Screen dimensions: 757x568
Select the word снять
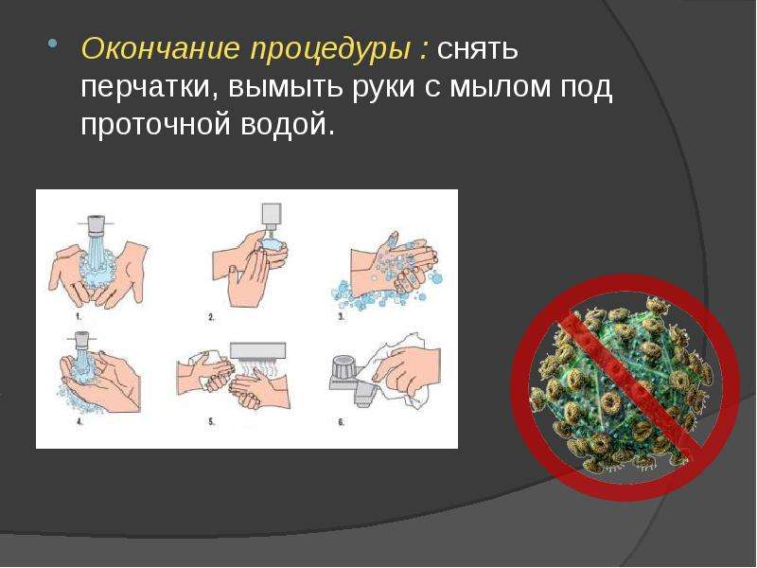click(478, 49)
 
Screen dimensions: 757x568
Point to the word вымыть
click(286, 87)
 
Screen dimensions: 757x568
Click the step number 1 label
click(79, 317)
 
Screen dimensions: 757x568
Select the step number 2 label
click(211, 317)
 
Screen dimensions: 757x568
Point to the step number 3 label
click(341, 317)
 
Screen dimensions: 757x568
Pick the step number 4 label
click(79, 421)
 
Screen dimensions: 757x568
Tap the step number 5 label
click(211, 421)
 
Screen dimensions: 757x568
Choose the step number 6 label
click(341, 421)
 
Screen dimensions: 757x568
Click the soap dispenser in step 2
click(272, 216)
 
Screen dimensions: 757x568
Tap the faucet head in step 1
click(97, 224)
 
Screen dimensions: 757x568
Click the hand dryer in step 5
click(257, 351)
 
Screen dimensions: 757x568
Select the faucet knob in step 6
click(343, 367)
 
